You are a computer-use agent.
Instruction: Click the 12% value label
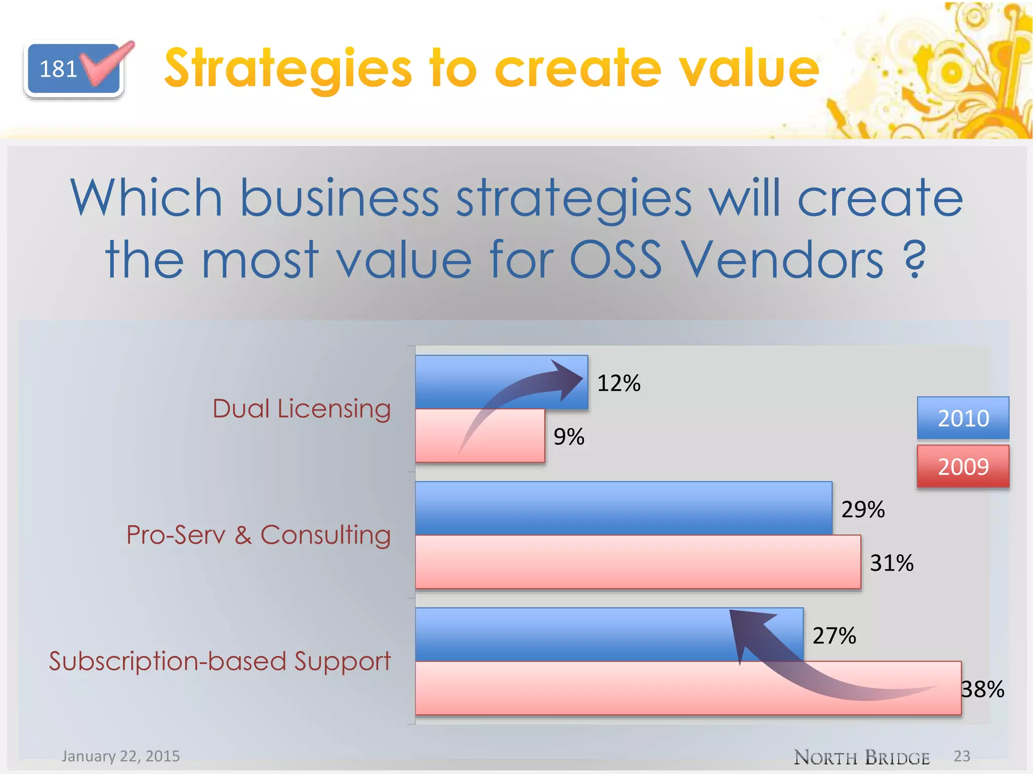(x=618, y=383)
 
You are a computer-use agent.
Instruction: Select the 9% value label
(x=568, y=437)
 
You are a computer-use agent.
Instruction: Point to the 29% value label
(x=863, y=510)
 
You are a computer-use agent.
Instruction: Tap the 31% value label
(x=891, y=563)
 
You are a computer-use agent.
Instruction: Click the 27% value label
(x=834, y=636)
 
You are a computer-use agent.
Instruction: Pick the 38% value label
(x=983, y=689)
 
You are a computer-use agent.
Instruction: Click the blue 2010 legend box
(x=963, y=418)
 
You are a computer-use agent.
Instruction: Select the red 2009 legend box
(x=963, y=467)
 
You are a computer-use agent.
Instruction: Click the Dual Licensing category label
(x=302, y=409)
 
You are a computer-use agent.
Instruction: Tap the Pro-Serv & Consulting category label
(x=258, y=535)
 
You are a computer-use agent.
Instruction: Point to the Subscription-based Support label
(x=219, y=661)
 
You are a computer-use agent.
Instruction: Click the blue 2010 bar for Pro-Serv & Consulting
(x=623, y=508)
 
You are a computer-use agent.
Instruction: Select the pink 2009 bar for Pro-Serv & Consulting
(x=638, y=562)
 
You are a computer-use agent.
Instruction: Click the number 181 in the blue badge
(x=58, y=70)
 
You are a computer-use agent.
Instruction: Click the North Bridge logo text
(x=862, y=757)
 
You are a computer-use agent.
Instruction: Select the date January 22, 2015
(x=121, y=756)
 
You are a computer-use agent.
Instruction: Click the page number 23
(x=962, y=756)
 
